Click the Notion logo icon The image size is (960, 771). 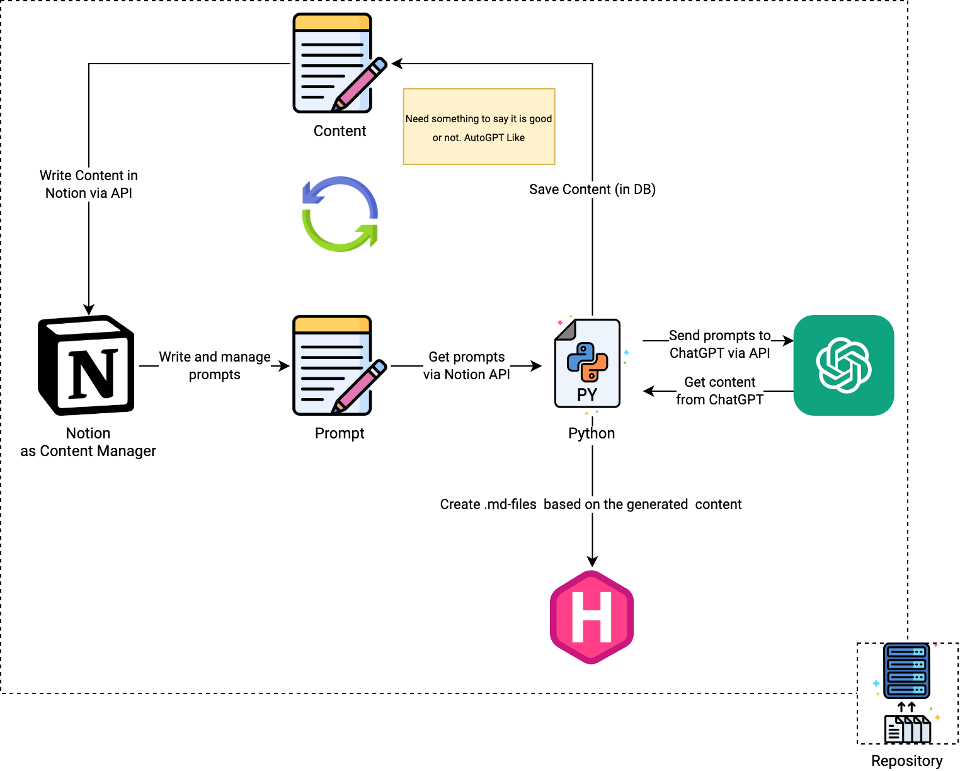88,365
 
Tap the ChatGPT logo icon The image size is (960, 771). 843,365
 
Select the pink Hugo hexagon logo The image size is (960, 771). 591,617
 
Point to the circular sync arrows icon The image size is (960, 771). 340,214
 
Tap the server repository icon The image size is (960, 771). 907,693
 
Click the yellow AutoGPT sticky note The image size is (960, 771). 479,127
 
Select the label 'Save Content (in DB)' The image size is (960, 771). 592,190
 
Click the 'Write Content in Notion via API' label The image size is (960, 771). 89,185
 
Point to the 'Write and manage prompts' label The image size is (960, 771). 215,366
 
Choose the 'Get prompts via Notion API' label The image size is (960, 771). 467,366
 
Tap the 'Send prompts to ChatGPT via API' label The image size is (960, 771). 720,345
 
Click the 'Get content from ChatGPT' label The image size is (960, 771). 720,391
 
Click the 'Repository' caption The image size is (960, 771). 907,762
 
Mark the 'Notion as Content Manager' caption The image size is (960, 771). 89,443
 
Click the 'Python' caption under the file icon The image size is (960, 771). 592,434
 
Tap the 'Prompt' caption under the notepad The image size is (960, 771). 340,434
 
